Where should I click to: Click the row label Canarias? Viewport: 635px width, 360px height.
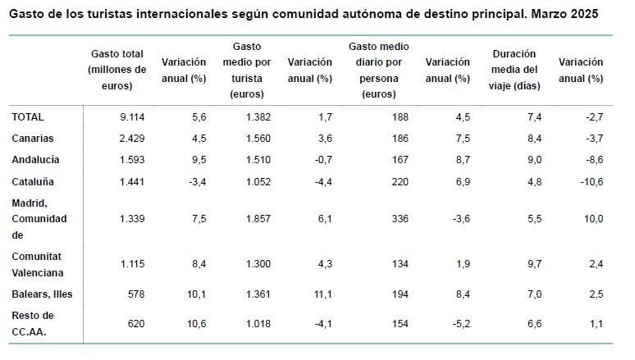34,139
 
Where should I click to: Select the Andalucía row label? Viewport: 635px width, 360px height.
35,160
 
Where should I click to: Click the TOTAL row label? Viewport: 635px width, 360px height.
28,117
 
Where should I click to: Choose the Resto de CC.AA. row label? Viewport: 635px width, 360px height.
33,322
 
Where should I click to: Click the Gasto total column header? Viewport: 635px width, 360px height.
117,70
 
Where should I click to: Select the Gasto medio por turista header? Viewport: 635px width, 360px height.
246,70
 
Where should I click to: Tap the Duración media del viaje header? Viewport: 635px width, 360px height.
515,70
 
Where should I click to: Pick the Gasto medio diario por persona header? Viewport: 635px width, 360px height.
378,70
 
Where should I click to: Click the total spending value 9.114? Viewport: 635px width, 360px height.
131,117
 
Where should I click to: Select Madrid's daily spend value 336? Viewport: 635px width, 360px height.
400,219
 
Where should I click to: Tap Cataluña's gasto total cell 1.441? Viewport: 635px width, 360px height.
131,181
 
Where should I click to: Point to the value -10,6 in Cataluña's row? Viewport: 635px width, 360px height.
590,181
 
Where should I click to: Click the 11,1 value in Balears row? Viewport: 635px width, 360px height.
321,293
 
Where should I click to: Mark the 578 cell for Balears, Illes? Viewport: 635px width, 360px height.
135,293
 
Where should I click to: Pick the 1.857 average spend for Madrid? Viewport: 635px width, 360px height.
258,219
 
